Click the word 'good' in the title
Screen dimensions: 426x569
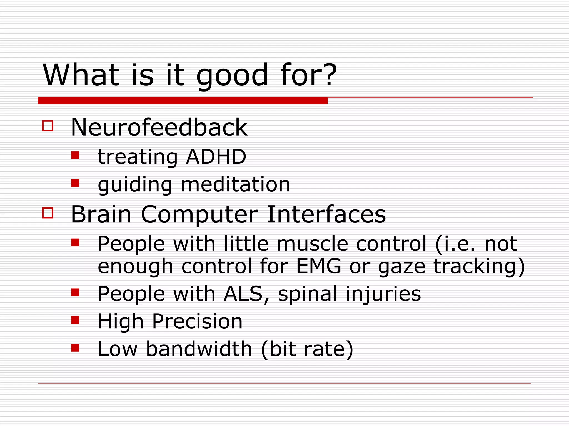point(232,75)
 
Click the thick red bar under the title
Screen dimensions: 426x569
point(183,101)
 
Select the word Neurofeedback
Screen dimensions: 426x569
point(159,128)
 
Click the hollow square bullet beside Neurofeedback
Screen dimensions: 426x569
point(48,126)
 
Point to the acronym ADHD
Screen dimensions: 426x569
point(216,157)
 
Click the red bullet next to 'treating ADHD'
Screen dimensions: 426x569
point(75,155)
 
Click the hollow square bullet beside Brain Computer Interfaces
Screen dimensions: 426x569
point(48,213)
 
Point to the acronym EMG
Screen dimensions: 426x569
point(318,266)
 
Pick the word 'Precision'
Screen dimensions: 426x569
point(197,321)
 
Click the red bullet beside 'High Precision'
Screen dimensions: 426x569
point(75,320)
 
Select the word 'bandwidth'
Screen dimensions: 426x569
point(199,349)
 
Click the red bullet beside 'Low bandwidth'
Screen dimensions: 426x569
point(75,348)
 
